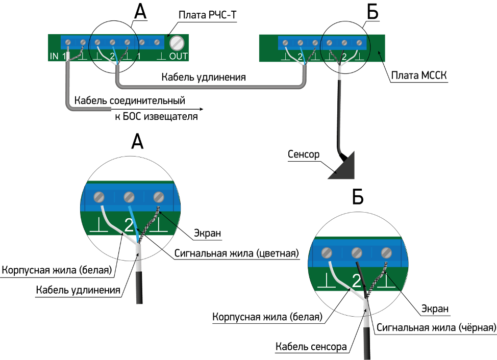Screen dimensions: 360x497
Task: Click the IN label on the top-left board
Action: pos(54,56)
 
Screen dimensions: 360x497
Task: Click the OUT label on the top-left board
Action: pos(178,56)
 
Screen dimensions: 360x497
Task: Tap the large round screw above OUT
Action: pos(177,42)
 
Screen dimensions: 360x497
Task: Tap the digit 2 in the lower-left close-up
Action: pos(129,225)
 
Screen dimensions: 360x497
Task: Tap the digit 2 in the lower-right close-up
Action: pos(357,280)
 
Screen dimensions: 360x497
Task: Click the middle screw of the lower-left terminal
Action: pos(129,197)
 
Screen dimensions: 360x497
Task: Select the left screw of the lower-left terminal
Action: pos(99,197)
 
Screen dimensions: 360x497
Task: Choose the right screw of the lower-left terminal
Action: pos(159,197)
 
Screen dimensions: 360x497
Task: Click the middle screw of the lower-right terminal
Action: pos(357,252)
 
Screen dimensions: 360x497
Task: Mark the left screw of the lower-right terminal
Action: pos(327,252)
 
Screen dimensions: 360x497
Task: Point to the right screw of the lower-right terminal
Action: pos(386,252)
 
